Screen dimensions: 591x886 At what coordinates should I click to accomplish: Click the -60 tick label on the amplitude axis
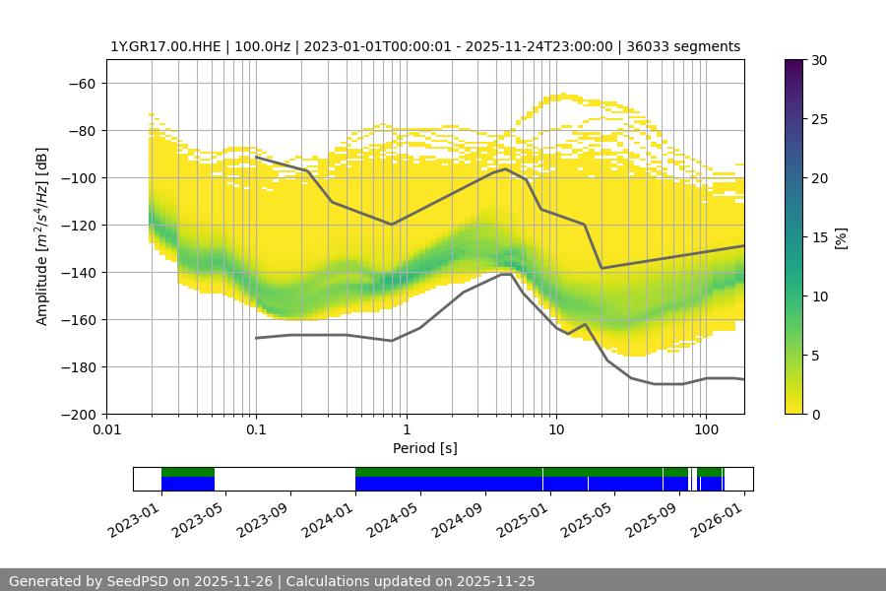point(82,83)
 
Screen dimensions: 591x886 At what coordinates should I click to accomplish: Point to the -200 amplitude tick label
point(78,414)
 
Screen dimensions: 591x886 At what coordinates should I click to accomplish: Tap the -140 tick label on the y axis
point(78,272)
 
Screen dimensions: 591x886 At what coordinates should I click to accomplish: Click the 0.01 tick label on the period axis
point(106,430)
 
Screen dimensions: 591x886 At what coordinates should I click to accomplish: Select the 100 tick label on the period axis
point(705,430)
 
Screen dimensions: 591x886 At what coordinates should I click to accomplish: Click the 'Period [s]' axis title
point(424,448)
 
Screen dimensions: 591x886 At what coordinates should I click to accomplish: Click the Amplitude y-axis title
point(42,236)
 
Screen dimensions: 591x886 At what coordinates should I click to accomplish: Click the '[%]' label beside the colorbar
point(841,237)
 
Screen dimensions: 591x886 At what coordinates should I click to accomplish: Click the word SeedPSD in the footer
point(135,581)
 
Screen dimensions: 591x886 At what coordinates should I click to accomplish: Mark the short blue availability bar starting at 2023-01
point(188,484)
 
